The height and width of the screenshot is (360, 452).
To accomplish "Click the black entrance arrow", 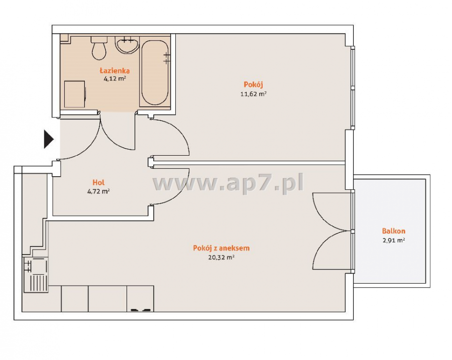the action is point(48,139).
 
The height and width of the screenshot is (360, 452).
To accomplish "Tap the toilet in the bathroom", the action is point(99,48).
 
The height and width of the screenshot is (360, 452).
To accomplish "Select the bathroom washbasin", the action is point(127,45).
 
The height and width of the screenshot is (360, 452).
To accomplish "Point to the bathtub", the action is point(155,73).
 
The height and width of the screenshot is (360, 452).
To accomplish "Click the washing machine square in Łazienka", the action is point(75,94).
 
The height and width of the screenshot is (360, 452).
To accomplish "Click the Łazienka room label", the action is point(115,71).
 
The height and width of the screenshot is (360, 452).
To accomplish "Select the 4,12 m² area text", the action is point(115,78).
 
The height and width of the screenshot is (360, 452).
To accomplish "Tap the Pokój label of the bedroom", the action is point(254,85).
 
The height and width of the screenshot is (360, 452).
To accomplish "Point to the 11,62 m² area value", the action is point(254,94).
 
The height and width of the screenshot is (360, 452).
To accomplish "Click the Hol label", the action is point(98,182).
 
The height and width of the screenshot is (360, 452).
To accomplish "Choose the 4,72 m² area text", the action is point(98,191).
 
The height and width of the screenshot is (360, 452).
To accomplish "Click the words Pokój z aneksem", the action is point(221,248).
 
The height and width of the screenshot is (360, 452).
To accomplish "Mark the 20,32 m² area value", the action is point(221,258).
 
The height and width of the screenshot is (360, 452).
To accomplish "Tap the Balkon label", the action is point(394,231).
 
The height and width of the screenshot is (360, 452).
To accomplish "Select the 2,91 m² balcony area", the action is point(394,241).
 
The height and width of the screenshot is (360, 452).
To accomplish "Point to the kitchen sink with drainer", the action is point(36,275).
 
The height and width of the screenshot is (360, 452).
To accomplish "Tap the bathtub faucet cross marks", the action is point(166,58).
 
